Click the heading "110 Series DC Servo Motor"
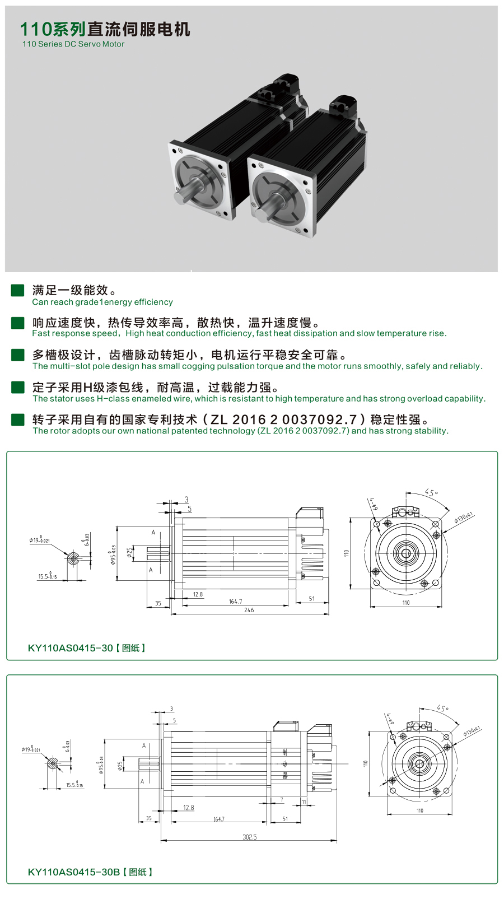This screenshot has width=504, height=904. (x=73, y=44)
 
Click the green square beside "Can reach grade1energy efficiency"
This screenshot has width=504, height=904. (x=18, y=290)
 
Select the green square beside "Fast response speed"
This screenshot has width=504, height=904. (x=18, y=323)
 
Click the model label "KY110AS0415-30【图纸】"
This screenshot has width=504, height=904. (x=87, y=648)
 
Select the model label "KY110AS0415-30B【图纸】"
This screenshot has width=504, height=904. (x=90, y=872)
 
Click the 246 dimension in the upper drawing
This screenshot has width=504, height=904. (x=249, y=610)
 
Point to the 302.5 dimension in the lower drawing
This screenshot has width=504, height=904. (x=250, y=837)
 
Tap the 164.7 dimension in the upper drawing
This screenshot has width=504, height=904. (x=235, y=602)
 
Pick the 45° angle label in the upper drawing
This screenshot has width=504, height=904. (x=431, y=492)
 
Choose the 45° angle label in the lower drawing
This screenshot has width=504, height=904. (x=442, y=709)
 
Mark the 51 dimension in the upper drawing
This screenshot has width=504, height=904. (x=312, y=599)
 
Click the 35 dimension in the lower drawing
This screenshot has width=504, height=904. (x=149, y=818)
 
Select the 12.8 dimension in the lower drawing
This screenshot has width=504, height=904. (x=189, y=808)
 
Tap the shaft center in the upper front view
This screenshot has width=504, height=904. (x=406, y=554)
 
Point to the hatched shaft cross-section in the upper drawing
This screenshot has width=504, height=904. (x=73, y=558)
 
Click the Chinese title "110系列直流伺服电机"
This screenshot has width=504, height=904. (x=105, y=29)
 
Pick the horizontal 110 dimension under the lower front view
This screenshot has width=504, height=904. (x=420, y=810)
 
